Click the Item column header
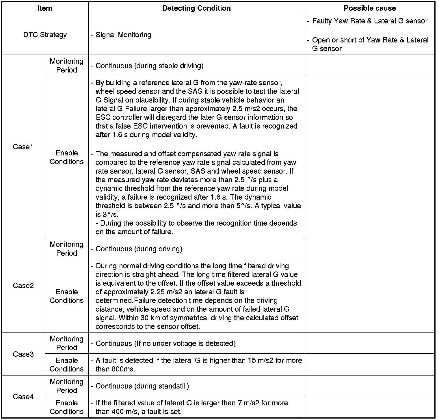pyautogui.click(x=45, y=8)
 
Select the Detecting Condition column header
pyautogui.click(x=196, y=8)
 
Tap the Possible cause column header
pyautogui.click(x=370, y=8)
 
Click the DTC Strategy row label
pyautogui.click(x=45, y=35)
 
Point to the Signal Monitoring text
pyautogui.click(x=123, y=35)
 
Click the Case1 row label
pyautogui.click(x=23, y=147)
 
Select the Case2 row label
pyautogui.click(x=23, y=286)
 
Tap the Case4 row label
pyautogui.click(x=23, y=397)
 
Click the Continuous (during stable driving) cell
pyautogui.click(x=149, y=66)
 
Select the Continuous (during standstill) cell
pyautogui.click(x=142, y=386)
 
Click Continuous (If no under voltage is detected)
pyautogui.click(x=165, y=343)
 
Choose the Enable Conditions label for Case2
pyautogui.click(x=66, y=296)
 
